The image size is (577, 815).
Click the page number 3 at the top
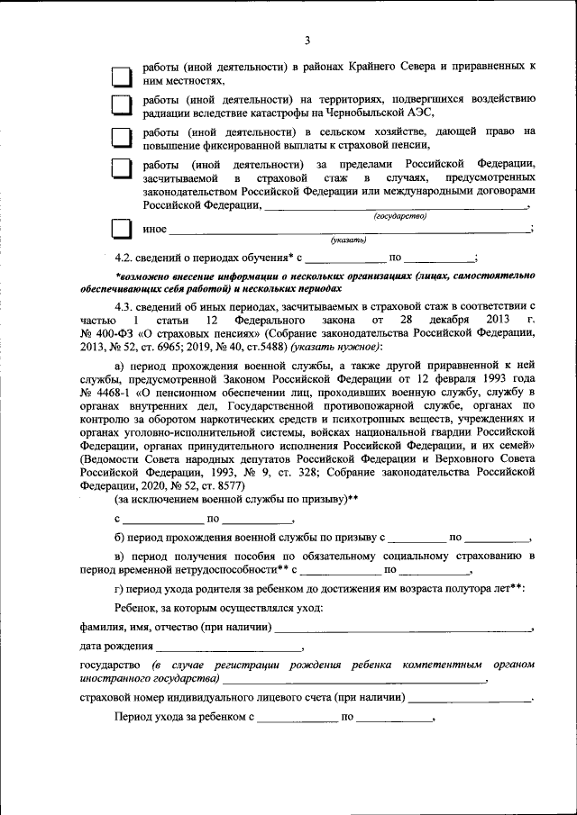[x=307, y=41]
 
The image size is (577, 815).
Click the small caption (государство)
[x=400, y=216]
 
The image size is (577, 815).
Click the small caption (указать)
[x=348, y=240]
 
